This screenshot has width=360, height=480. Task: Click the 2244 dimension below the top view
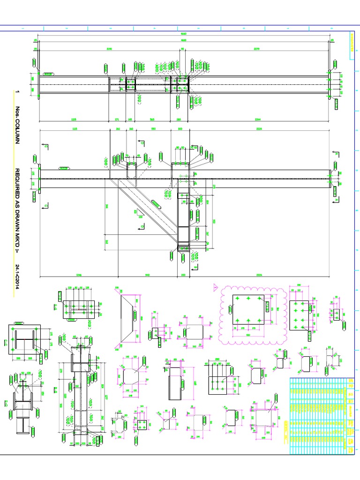click(x=260, y=119)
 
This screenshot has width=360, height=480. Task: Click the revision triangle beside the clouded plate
click(x=215, y=287)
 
